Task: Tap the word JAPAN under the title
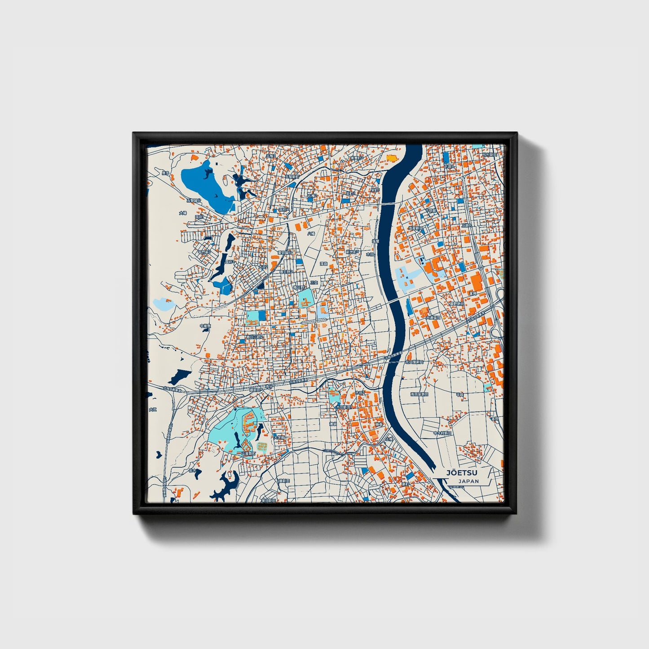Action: (x=468, y=481)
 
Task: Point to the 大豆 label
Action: (x=153, y=409)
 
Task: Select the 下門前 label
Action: (x=431, y=211)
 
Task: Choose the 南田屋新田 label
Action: (x=419, y=394)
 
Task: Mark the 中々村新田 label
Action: (x=441, y=433)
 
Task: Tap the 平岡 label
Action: (x=460, y=394)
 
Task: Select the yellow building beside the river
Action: (x=392, y=158)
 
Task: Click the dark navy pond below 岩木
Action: (x=225, y=487)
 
